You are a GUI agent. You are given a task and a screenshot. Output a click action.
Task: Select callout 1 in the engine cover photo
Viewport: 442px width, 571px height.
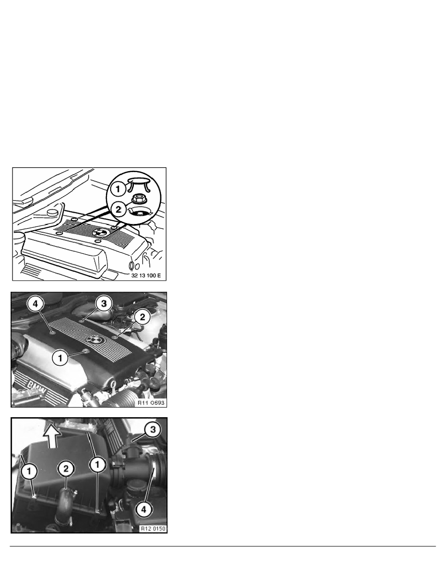pyautogui.click(x=60, y=357)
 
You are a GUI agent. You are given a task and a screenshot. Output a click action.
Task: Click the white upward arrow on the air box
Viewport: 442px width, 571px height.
pyautogui.click(x=53, y=436)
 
